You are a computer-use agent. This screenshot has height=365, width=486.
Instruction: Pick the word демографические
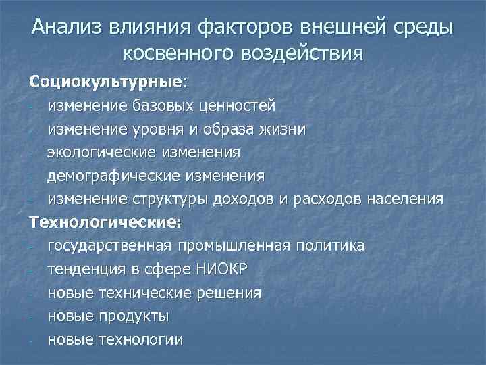click(113, 176)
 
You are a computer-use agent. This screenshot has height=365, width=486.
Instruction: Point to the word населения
click(404, 199)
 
